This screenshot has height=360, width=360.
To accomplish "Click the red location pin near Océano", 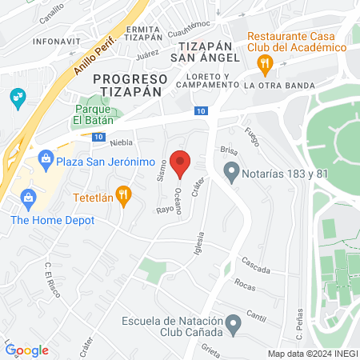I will pos(180,162).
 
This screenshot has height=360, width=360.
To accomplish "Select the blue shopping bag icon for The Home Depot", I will pos(29,197).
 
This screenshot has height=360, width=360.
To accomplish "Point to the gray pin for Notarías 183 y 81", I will pos(232,170).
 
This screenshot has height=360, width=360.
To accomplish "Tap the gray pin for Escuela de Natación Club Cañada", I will pos(233,324).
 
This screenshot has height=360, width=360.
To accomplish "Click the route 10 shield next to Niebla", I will pos(98,138).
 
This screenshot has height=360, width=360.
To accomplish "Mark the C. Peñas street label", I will pos(298,318).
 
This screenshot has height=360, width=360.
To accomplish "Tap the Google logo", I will pos(27,350).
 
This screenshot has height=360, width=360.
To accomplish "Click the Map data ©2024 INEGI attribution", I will pos(311,354).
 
